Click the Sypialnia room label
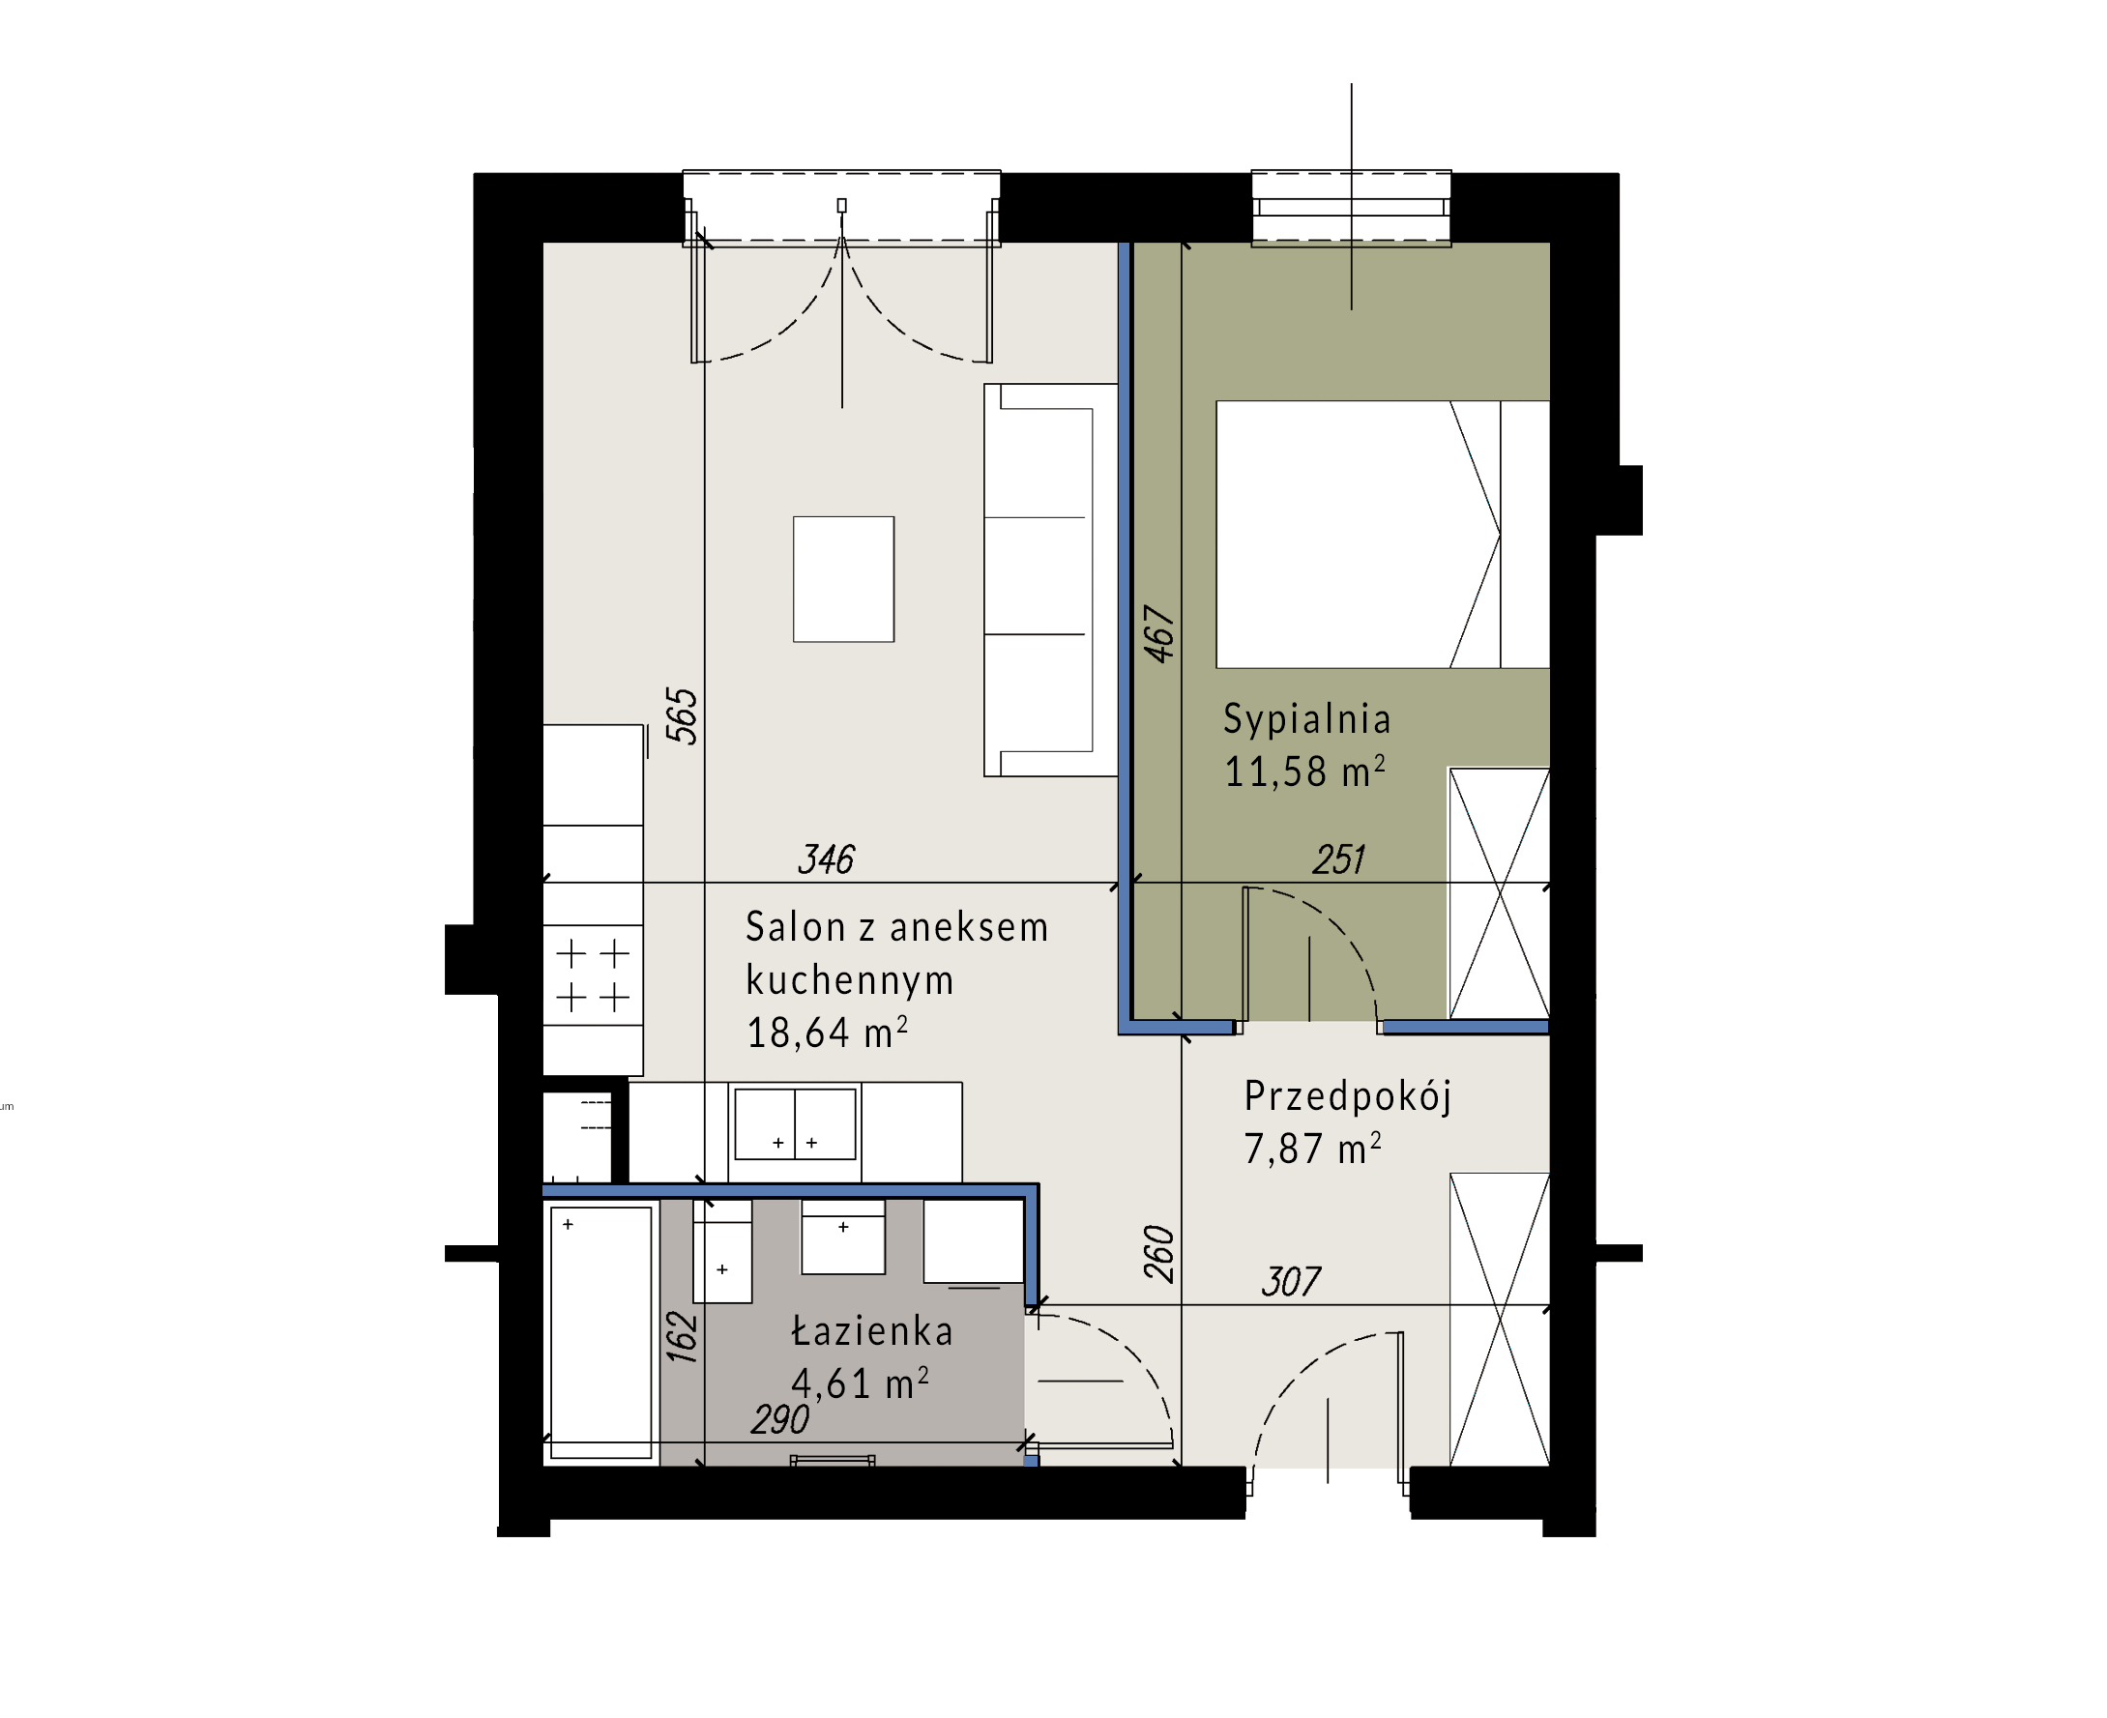(x=1306, y=719)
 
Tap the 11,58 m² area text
(x=1303, y=772)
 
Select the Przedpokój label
(x=1347, y=1096)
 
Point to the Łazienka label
(x=872, y=1330)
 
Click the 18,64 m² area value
(x=827, y=1033)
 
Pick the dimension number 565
(x=682, y=715)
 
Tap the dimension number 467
(x=1159, y=633)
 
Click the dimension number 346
(x=827, y=859)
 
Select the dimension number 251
(x=1339, y=859)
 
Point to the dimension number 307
(x=1291, y=1282)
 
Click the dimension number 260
(x=1159, y=1254)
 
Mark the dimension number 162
(x=682, y=1337)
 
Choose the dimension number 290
(x=780, y=1420)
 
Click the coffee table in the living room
(x=843, y=579)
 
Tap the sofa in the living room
(x=1050, y=580)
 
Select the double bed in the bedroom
(x=1383, y=535)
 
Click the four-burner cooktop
(x=593, y=975)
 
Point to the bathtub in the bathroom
(x=600, y=1332)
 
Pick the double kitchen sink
(x=795, y=1123)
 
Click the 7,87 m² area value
(x=1312, y=1149)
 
